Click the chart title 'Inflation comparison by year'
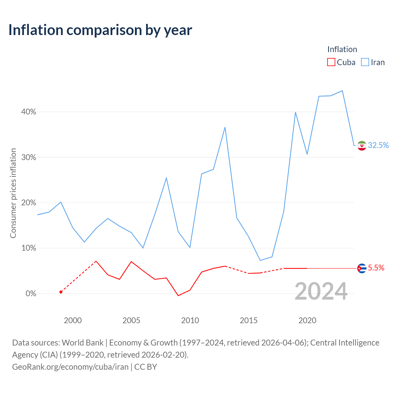pyautogui.click(x=100, y=30)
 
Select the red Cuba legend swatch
pyautogui.click(x=331, y=62)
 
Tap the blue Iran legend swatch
pyautogui.click(x=365, y=62)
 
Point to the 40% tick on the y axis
pyautogui.click(x=29, y=112)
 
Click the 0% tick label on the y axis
pyautogui.click(x=31, y=293)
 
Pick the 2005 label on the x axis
pyautogui.click(x=131, y=320)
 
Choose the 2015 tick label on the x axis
pyautogui.click(x=249, y=320)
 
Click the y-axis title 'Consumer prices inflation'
pyautogui.click(x=13, y=193)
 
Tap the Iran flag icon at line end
pyautogui.click(x=362, y=146)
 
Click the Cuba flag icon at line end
pyautogui.click(x=362, y=268)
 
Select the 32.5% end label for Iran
pyautogui.click(x=378, y=145)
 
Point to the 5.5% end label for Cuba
pyautogui.click(x=376, y=268)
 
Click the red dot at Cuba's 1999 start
pyautogui.click(x=61, y=292)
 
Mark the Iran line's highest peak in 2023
pyautogui.click(x=342, y=91)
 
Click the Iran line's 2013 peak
pyautogui.click(x=225, y=127)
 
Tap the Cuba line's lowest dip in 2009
pyautogui.click(x=178, y=296)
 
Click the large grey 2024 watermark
pyautogui.click(x=321, y=291)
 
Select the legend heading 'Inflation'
pyautogui.click(x=342, y=49)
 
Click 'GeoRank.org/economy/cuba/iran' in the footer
pyautogui.click(x=70, y=367)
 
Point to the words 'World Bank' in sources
pyautogui.click(x=83, y=343)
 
